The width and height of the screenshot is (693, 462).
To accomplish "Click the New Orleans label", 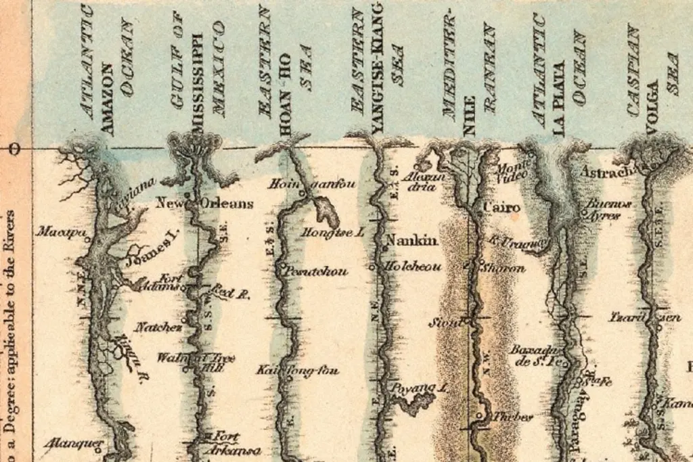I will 204,203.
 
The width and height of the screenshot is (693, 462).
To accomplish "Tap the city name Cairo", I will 503,207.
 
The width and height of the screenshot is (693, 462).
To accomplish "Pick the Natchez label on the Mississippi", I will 158,327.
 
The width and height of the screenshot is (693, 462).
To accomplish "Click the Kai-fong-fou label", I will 298,370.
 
